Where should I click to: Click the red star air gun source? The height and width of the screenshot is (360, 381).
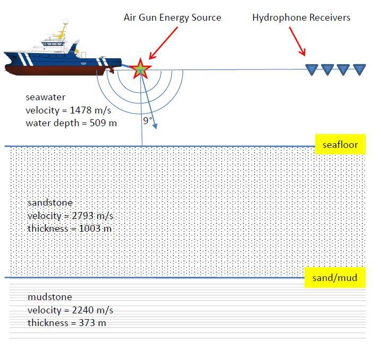140,69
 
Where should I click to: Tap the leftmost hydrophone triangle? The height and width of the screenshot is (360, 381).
311,69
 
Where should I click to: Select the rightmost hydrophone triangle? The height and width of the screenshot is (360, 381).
359,69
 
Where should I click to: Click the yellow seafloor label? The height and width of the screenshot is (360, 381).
340,145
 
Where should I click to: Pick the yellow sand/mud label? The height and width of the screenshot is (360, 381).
335,277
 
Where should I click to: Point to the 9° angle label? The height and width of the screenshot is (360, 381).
148,121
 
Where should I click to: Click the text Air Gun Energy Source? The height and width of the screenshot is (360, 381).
172,17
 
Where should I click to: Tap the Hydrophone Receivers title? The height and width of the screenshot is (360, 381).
301,17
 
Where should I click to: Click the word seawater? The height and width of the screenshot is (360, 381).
46,98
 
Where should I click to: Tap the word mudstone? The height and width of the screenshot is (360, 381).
49,297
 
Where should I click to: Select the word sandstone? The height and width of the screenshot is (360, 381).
49,203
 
